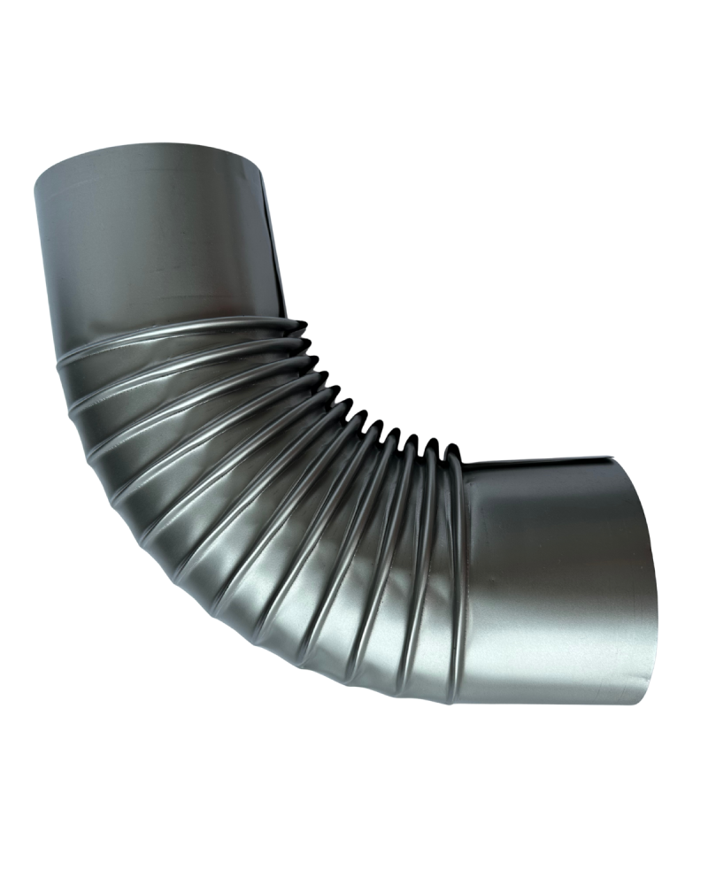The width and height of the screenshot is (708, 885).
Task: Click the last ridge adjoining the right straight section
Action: (457, 575)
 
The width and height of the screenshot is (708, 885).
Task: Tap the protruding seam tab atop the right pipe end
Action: (611, 459)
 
